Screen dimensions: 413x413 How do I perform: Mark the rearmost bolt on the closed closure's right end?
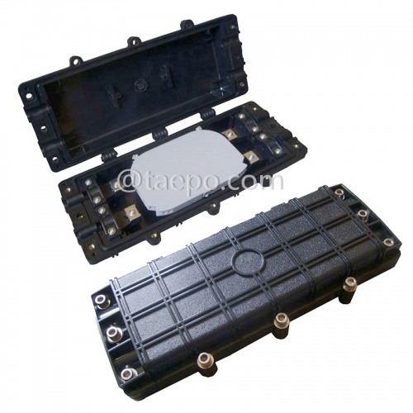[339, 193]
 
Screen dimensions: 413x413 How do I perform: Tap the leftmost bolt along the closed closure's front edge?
[202, 358]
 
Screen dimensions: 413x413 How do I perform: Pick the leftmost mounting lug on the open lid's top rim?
[74, 59]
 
